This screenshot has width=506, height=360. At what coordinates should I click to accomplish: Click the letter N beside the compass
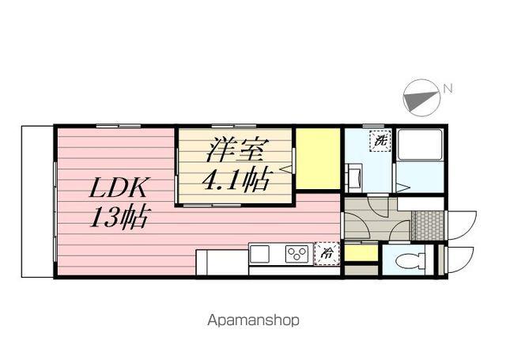(x=447, y=89)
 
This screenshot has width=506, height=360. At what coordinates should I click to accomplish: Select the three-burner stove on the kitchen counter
(x=297, y=254)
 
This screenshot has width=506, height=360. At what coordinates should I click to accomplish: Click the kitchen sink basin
(x=261, y=254)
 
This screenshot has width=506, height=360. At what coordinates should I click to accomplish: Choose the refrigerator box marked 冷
(x=327, y=254)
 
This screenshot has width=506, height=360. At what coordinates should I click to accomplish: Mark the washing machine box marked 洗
(x=380, y=141)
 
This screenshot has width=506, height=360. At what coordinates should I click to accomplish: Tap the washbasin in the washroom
(x=353, y=176)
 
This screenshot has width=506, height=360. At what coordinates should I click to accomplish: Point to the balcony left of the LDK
(x=36, y=201)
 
